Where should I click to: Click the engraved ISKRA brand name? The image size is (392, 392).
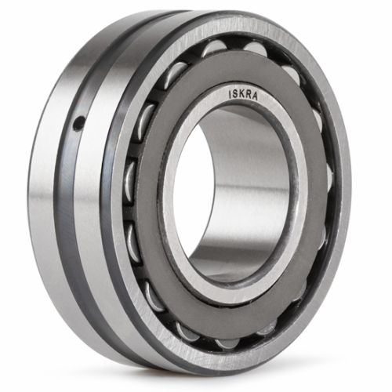click(243, 95)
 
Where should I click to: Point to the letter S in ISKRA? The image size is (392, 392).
click(235, 94)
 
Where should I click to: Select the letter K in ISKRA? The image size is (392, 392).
click(241, 94)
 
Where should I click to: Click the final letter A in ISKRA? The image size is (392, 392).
click(255, 96)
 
